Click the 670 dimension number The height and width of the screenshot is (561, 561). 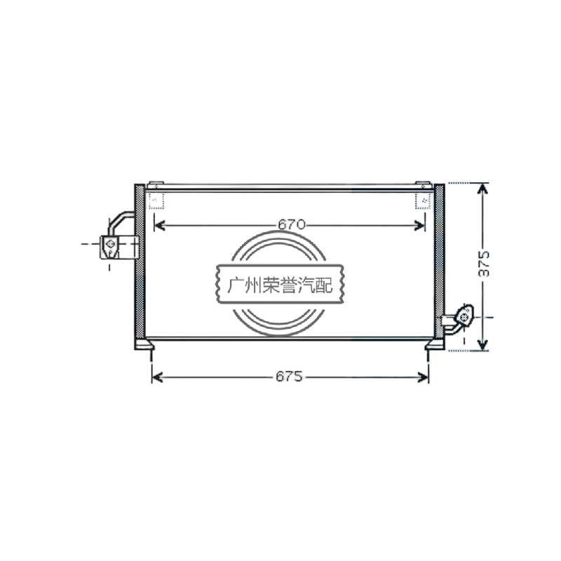292,224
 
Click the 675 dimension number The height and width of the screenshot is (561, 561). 289,376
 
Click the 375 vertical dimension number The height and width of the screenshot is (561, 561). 484,264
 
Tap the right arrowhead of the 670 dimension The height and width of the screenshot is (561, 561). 419,225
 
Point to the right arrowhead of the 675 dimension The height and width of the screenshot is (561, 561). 423,377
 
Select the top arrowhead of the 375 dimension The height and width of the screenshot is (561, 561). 483,189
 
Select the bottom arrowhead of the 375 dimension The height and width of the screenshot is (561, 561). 483,345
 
